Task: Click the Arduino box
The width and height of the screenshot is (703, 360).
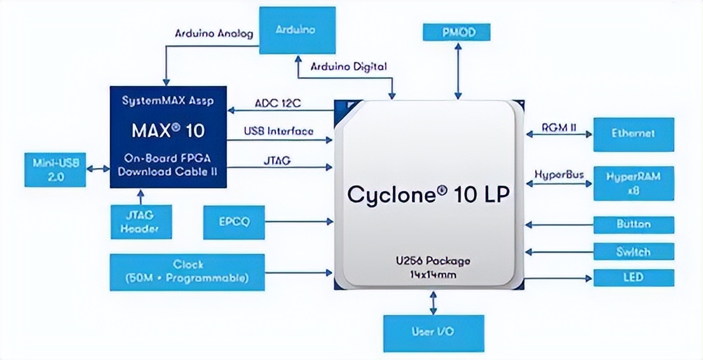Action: coord(296,30)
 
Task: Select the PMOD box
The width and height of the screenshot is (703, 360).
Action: coord(458,32)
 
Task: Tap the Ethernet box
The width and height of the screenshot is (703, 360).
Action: coord(633,134)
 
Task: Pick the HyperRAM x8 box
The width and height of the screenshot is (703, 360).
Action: coord(633,183)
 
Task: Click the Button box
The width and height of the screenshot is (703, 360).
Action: coord(633,225)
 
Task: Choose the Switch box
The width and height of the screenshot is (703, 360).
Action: coord(633,251)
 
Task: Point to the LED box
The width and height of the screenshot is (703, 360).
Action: coord(633,277)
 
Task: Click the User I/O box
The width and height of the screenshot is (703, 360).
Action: coord(433,333)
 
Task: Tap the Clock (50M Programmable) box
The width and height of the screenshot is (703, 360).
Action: coord(188,272)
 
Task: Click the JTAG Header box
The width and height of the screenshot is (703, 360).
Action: coord(140,221)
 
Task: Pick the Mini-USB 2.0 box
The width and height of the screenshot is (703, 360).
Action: coord(55,169)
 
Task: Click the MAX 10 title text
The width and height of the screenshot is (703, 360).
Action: coord(168,131)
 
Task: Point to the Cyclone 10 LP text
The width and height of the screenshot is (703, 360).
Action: coord(428,194)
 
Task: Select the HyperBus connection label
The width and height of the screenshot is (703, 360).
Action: coord(559,174)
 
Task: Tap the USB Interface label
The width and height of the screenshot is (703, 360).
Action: coord(278,132)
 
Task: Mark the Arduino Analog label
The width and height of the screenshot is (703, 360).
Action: coord(214,33)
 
